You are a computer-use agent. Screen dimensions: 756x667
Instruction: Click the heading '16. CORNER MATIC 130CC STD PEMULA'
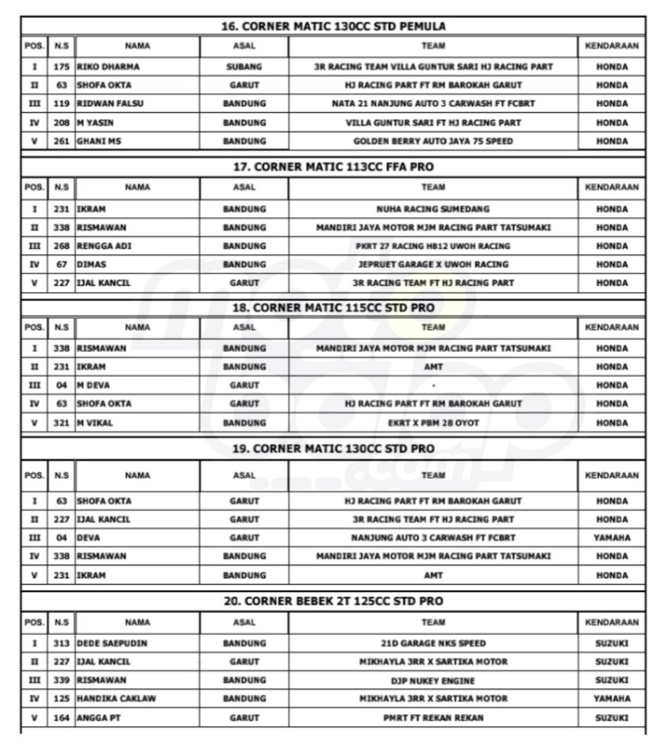333,26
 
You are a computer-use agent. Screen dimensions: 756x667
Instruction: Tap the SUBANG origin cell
244,66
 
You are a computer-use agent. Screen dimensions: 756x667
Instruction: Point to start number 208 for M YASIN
61,123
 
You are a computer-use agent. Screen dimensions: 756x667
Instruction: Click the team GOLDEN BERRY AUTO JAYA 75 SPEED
433,140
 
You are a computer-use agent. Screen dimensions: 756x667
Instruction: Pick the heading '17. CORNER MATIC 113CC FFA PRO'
333,167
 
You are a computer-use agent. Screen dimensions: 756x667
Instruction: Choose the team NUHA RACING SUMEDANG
433,209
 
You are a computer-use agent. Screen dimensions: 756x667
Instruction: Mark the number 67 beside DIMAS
61,264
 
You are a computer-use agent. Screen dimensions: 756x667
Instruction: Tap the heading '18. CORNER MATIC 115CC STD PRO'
333,308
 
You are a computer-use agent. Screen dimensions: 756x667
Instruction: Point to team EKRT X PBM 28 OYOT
433,422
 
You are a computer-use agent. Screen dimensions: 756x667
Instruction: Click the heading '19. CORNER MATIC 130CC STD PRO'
333,449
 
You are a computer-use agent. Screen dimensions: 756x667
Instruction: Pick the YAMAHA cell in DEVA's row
612,537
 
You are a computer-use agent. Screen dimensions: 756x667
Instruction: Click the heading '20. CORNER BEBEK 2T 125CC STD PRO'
333,602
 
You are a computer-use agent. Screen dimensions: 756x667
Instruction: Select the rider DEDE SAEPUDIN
112,643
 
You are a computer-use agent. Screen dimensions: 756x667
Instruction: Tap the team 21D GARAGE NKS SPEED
433,643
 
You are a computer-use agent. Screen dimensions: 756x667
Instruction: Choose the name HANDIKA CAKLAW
116,698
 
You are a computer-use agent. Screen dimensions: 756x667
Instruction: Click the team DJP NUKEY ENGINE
433,680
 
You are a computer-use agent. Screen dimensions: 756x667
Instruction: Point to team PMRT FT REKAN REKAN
433,717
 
